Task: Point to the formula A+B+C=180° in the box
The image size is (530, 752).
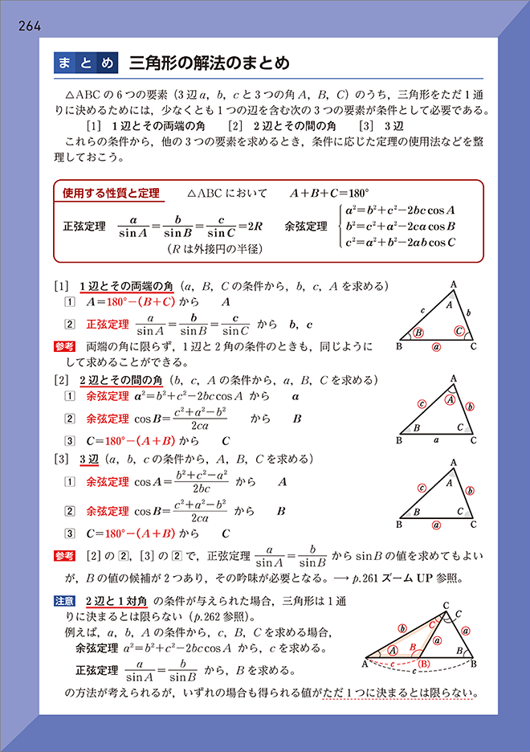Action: [x=330, y=194]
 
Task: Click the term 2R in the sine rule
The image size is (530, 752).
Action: [x=254, y=226]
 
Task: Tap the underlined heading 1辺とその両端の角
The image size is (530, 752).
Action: [x=127, y=286]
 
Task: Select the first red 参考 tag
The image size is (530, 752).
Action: [x=64, y=346]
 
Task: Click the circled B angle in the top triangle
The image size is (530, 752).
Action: [x=418, y=333]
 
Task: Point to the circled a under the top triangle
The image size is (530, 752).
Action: [x=436, y=347]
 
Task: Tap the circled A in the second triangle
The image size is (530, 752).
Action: [x=451, y=400]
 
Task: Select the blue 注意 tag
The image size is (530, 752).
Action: [x=64, y=599]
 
